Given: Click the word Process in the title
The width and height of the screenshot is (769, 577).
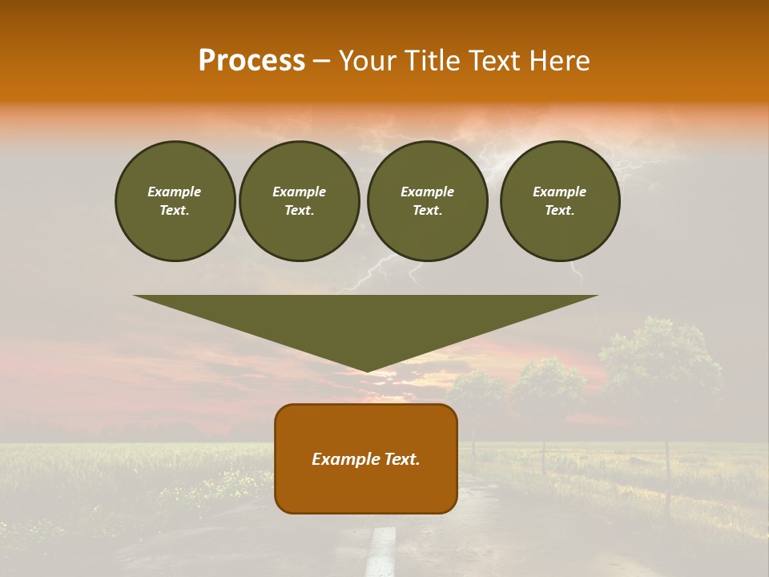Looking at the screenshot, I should click(252, 61).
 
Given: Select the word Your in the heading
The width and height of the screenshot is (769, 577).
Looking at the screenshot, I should click(365, 61).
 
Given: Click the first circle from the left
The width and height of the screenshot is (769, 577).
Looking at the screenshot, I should click(175, 201).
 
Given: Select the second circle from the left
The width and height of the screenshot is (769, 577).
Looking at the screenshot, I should click(300, 201).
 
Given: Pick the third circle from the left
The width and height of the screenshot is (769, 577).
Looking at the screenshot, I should click(427, 201).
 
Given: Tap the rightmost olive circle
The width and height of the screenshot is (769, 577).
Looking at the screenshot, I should click(560, 201).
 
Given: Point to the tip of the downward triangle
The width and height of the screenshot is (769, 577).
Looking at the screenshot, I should click(367, 370).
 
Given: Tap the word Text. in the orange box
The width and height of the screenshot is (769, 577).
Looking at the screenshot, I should click(400, 459).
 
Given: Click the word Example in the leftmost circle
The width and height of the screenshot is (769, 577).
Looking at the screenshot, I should click(175, 192).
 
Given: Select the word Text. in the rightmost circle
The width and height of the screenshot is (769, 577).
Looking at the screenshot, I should click(559, 211).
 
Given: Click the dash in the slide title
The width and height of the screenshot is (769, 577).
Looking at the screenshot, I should click(321, 61).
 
